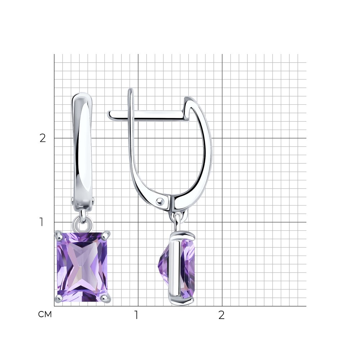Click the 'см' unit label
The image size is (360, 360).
(45, 314)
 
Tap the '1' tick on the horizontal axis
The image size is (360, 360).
(136, 315)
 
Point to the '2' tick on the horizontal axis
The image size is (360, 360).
(221, 315)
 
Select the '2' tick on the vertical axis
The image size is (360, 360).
(43, 138)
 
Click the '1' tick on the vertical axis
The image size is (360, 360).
(41, 222)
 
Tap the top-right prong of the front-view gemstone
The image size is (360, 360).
(105, 235)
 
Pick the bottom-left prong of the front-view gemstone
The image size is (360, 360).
(59, 298)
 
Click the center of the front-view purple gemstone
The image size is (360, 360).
(82, 267)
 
